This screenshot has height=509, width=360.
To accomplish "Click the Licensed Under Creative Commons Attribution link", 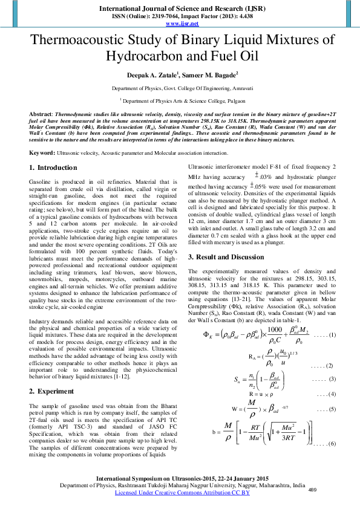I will (x=182, y=493).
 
